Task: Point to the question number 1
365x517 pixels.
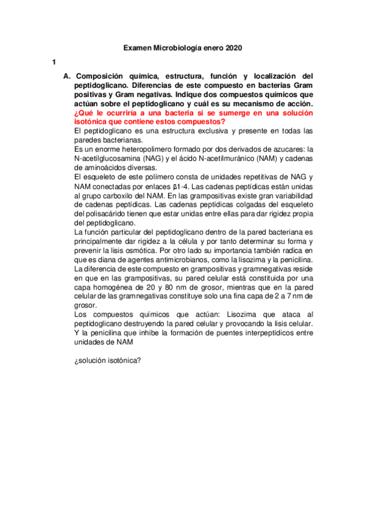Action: (54, 63)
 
